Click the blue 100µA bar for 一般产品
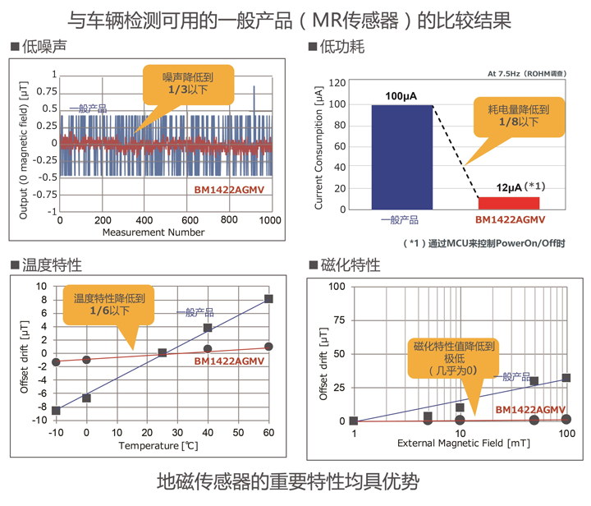[x=401, y=157]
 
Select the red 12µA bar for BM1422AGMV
[x=509, y=203]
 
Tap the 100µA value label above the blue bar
[x=401, y=97]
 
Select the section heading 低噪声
[x=36, y=48]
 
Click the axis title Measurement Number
[x=153, y=232]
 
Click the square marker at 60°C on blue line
[x=268, y=299]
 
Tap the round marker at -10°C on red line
[x=56, y=362]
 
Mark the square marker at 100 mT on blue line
[x=566, y=378]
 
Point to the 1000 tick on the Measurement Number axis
[x=270, y=220]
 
